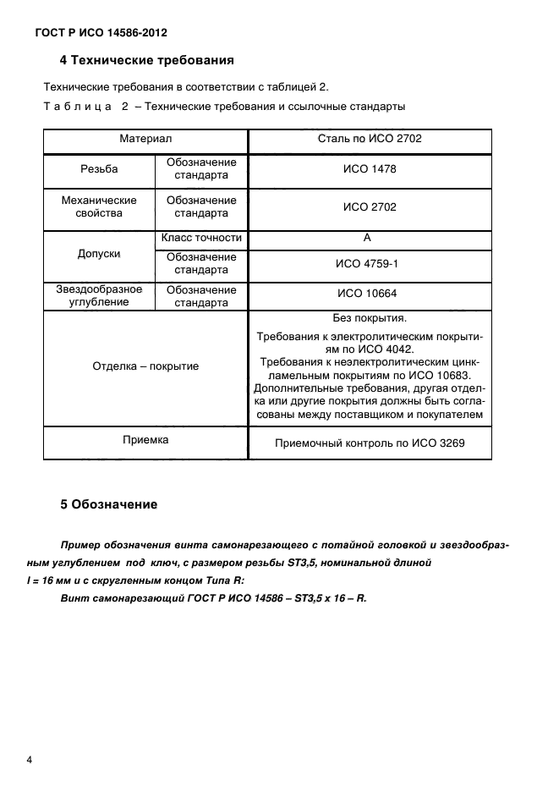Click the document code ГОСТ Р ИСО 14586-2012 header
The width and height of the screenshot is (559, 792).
click(x=101, y=33)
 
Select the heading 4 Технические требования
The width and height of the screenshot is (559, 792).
click(x=146, y=61)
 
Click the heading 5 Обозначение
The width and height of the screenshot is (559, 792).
click(x=108, y=505)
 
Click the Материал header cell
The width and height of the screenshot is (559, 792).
click(x=145, y=137)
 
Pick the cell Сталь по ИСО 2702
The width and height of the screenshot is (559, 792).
click(x=369, y=137)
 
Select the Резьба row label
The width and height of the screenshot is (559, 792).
click(x=99, y=169)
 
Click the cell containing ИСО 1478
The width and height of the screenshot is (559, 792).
click(x=369, y=169)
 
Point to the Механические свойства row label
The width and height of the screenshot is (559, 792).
click(x=99, y=206)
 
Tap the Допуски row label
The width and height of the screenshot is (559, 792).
click(x=99, y=254)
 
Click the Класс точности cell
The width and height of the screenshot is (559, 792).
click(x=201, y=239)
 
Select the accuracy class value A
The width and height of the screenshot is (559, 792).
click(x=367, y=239)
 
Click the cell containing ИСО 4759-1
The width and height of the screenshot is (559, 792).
click(x=369, y=264)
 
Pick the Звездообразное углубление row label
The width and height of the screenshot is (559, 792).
click(x=99, y=296)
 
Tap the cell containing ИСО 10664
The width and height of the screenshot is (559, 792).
click(x=369, y=294)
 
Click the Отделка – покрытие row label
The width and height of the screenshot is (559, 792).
click(x=145, y=366)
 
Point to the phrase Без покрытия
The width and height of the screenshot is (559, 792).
click(x=370, y=319)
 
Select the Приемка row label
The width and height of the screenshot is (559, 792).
click(x=145, y=440)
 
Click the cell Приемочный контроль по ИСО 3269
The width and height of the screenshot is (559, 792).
click(x=370, y=443)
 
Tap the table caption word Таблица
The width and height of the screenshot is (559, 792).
click(x=78, y=107)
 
